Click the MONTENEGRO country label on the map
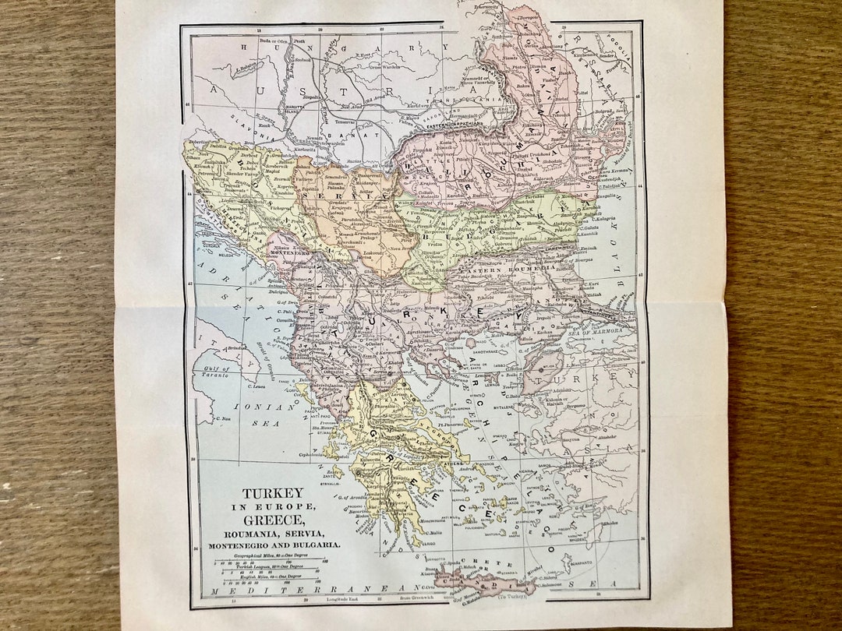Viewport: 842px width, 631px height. [290, 253]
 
